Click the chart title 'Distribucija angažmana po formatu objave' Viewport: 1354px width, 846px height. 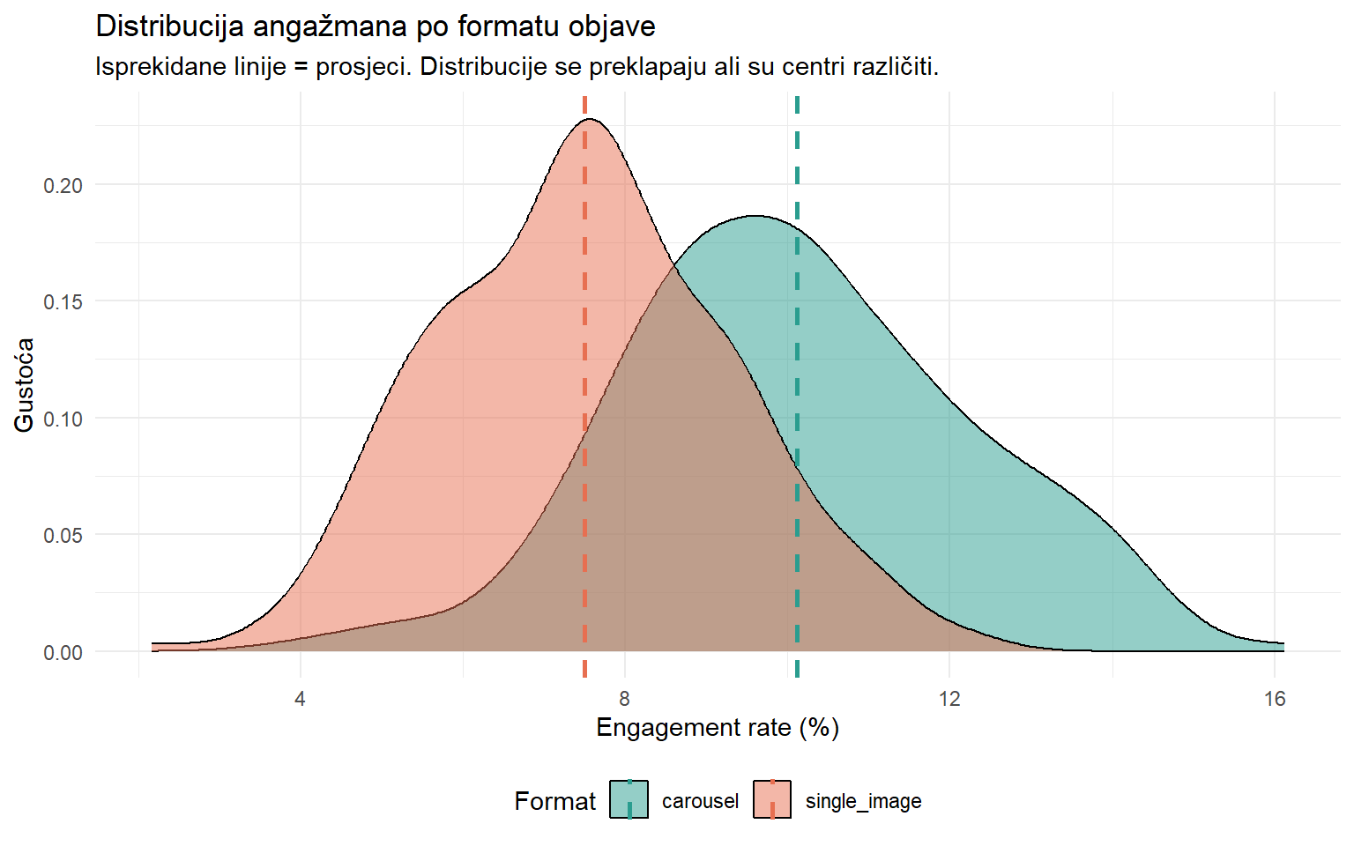pyautogui.click(x=375, y=26)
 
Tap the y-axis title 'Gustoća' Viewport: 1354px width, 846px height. pyautogui.click(x=24, y=385)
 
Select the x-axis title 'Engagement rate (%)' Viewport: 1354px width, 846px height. pyautogui.click(x=718, y=728)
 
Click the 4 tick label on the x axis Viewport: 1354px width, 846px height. pyautogui.click(x=300, y=699)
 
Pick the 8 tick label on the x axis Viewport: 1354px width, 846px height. pyautogui.click(x=624, y=699)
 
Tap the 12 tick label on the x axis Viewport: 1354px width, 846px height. pyautogui.click(x=949, y=699)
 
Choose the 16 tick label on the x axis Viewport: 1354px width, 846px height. pyautogui.click(x=1275, y=699)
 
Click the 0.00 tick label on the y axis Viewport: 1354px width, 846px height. pyautogui.click(x=63, y=652)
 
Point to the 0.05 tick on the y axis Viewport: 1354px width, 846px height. pyautogui.click(x=63, y=535)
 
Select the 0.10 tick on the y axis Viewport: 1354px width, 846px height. pyautogui.click(x=63, y=419)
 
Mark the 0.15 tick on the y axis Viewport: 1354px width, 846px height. pyautogui.click(x=63, y=301)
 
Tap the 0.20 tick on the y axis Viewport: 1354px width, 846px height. pyautogui.click(x=63, y=185)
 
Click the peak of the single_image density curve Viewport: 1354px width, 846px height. pyautogui.click(x=589, y=119)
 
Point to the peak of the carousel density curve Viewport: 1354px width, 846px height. pyautogui.click(x=755, y=216)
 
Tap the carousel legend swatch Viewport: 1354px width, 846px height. pyautogui.click(x=629, y=800)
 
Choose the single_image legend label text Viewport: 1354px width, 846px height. pyautogui.click(x=863, y=801)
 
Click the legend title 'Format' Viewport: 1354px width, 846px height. pyautogui.click(x=554, y=801)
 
